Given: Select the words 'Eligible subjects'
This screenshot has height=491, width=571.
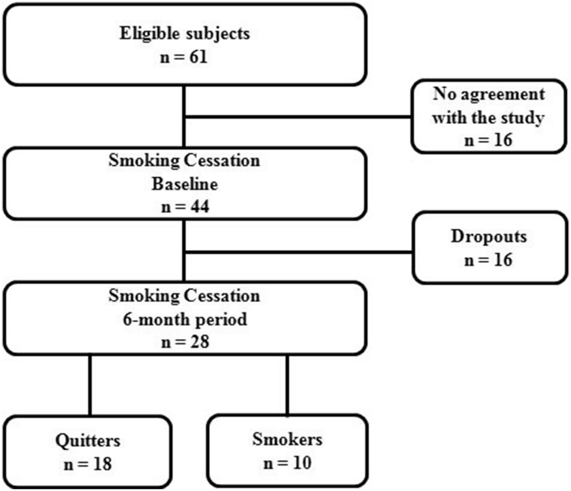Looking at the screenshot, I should [x=184, y=34].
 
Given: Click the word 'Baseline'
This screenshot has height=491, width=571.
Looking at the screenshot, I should [x=184, y=185].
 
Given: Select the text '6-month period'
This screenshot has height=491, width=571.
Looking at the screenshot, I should [x=184, y=320].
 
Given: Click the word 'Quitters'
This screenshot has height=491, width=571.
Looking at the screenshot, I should [x=88, y=441].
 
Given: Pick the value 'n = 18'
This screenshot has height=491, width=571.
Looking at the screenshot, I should [x=88, y=464].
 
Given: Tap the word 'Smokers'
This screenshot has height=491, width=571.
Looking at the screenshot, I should [x=288, y=440].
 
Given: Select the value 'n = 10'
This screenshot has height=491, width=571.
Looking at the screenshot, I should [x=288, y=463].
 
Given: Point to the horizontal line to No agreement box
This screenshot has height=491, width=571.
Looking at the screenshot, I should [x=300, y=116].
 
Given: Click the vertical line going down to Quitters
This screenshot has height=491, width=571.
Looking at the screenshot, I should [x=89, y=386].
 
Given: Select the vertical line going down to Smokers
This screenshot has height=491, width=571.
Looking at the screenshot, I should [x=288, y=386].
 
